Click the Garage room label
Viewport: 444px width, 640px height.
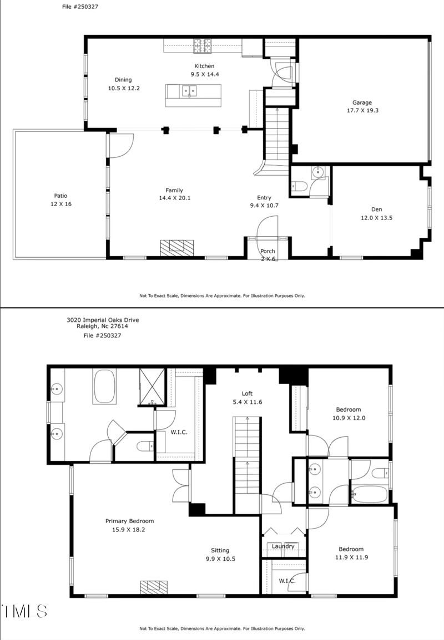[x=362, y=103]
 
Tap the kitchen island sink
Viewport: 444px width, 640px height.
[x=189, y=90]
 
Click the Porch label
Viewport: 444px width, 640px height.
[x=268, y=252]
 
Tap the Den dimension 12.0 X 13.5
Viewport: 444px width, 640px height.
[x=377, y=218]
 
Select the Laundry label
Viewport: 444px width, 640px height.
[x=283, y=546]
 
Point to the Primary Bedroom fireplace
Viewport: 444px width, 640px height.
[x=154, y=586]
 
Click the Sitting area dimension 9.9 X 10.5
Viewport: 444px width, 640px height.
[x=220, y=559]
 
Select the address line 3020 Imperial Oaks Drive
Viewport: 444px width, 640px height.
[x=103, y=320]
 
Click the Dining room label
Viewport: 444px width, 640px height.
[x=123, y=80]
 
